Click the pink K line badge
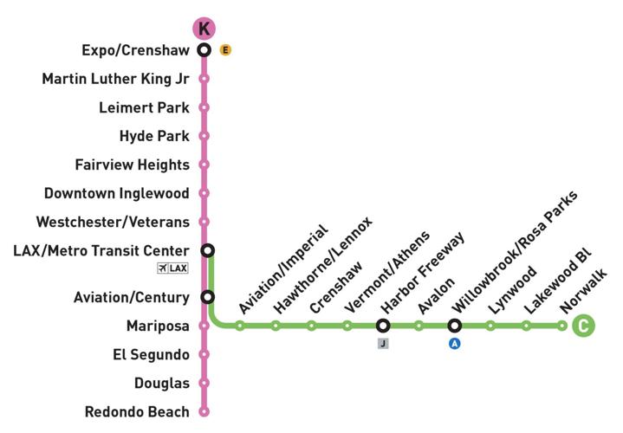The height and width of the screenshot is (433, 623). coord(204,29)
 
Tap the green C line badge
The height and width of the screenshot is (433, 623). coord(583,326)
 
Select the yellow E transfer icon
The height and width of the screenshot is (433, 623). coord(225,50)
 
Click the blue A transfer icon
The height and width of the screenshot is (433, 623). coord(454,344)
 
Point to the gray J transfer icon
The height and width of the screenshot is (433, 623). coord(382,344)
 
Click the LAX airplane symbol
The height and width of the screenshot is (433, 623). coord(163,268)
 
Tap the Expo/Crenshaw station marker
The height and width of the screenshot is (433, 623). coord(204,50)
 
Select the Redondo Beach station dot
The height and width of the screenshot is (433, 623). coord(204,411)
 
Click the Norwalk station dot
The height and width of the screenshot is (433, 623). coord(562,326)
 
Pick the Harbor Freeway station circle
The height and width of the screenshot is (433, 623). coord(382,326)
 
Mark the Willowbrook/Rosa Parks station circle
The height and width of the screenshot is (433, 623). coord(454,326)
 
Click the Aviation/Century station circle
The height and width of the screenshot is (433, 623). coord(207,297)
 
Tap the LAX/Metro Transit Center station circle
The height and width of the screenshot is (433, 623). coord(207,250)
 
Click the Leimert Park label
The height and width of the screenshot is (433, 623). coord(144,107)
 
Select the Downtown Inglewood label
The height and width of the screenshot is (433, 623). coord(117,193)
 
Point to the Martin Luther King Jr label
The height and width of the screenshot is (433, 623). coord(115,79)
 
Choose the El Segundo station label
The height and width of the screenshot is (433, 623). coord(151,354)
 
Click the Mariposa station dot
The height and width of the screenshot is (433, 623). coord(204,326)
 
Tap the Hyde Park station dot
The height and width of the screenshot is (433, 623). coord(204,136)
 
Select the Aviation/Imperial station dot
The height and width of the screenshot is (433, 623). coord(240,326)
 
